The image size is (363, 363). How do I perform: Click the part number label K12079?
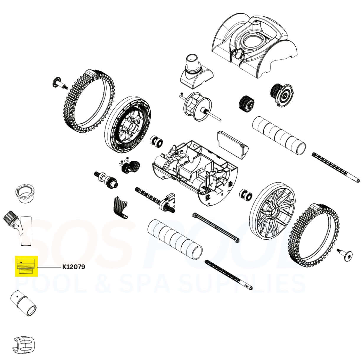click(x=73, y=267)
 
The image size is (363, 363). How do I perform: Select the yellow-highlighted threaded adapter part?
click(x=26, y=266)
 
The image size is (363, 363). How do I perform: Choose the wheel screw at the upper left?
click(x=59, y=83)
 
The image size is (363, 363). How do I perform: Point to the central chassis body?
click(x=192, y=174)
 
